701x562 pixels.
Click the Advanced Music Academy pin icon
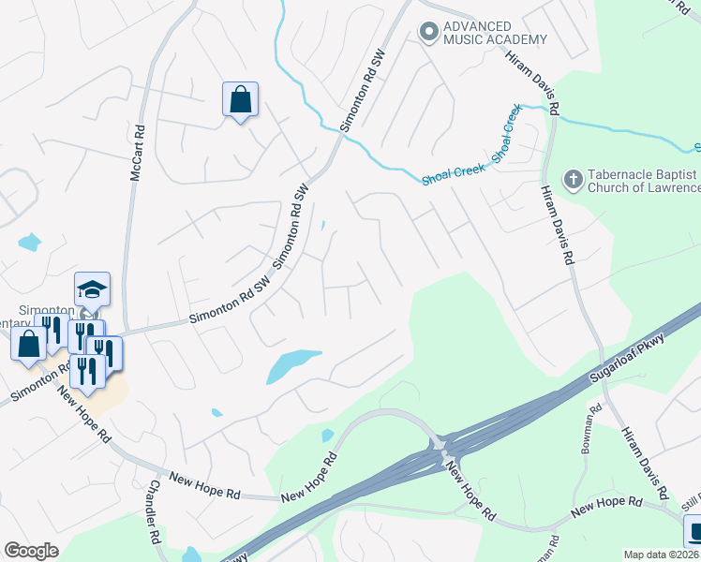(x=429, y=32)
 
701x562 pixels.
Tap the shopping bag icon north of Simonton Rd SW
(x=240, y=98)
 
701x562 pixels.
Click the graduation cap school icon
(x=93, y=288)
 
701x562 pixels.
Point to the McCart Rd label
(x=137, y=155)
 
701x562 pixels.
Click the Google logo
(x=31, y=551)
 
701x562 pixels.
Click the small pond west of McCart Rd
(x=29, y=243)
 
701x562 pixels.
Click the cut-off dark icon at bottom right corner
(x=694, y=532)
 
